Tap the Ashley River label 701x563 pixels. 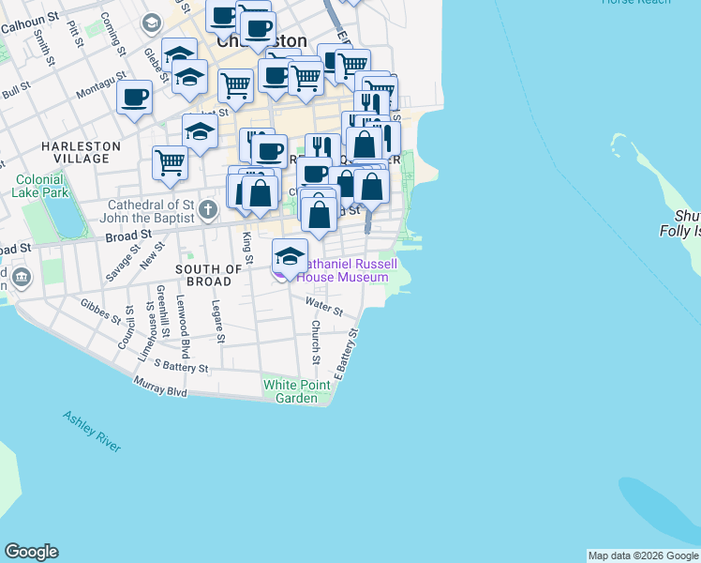tap(92, 432)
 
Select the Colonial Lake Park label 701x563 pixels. tap(38, 185)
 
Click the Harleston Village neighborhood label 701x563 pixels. tap(81, 153)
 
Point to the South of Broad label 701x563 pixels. tap(203, 275)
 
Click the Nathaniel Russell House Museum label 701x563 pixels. tap(342, 271)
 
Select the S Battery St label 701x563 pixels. tap(182, 364)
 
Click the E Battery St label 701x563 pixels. tap(348, 353)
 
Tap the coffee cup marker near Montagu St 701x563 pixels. tap(134, 96)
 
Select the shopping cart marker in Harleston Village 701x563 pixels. tap(170, 162)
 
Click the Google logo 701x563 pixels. tap(31, 552)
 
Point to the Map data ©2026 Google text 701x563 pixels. tap(643, 555)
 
